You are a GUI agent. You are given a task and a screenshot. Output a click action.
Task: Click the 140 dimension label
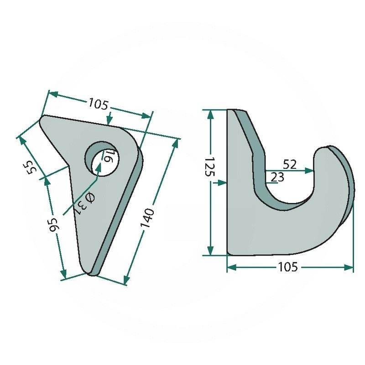tap(147, 218)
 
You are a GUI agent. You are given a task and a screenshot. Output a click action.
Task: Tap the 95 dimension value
tap(54, 225)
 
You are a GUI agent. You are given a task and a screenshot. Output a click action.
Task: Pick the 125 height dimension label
tap(210, 167)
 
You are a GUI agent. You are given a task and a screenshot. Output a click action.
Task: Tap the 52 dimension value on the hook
tap(290, 165)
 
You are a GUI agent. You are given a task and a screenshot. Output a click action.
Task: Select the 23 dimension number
tap(277, 177)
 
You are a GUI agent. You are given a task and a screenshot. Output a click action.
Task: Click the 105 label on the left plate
tap(99, 104)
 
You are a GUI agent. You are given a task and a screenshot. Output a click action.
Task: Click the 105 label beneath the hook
tap(288, 267)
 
